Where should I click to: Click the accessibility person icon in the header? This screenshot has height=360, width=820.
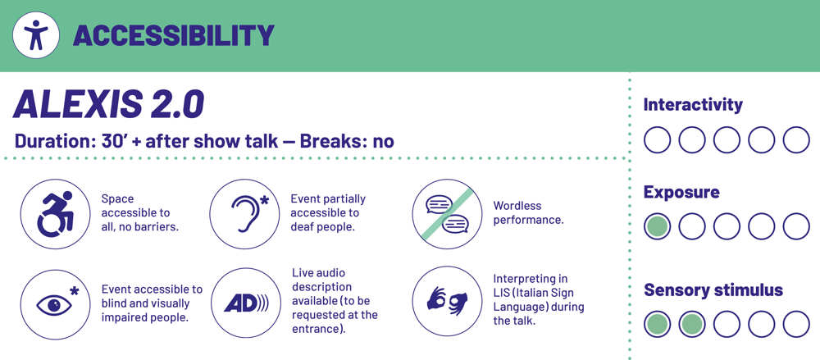click(36, 35)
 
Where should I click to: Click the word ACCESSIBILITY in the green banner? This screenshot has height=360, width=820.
click(174, 35)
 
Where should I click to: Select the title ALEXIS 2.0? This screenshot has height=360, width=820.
click(108, 104)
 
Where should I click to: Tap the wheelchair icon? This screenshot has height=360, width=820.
click(55, 213)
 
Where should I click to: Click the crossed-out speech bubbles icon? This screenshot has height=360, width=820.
click(447, 213)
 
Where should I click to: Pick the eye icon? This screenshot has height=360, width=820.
click(55, 303)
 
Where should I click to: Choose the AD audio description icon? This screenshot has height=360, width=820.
click(246, 303)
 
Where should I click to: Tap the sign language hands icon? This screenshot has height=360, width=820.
click(447, 302)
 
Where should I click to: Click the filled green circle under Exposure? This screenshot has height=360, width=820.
click(657, 226)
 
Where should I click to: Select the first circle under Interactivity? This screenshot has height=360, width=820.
click(657, 139)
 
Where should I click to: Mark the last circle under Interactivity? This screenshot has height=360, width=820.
click(796, 139)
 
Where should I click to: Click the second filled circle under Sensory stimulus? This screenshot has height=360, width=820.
click(692, 324)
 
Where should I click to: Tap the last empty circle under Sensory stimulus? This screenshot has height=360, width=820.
click(796, 324)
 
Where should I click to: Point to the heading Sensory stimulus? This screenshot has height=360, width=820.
click(713, 289)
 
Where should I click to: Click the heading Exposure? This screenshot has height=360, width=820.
click(681, 192)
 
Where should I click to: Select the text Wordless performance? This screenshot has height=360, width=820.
click(528, 212)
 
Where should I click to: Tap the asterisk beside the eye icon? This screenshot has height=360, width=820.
click(75, 290)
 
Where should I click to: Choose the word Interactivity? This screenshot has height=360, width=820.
click(693, 105)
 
